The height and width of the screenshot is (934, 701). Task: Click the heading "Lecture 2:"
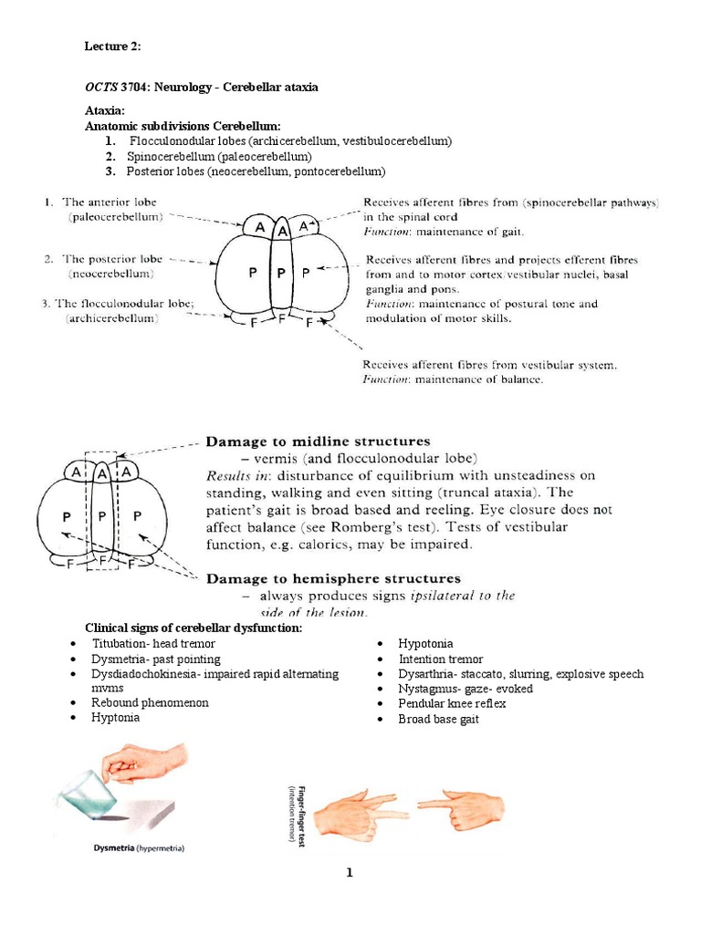[113, 47]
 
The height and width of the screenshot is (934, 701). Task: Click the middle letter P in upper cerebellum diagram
[281, 273]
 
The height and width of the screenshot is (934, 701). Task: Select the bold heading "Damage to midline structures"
[318, 441]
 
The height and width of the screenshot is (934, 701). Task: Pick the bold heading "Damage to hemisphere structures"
[334, 578]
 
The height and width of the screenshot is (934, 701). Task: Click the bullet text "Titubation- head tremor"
[153, 644]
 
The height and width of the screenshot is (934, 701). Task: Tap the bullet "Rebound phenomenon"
[150, 702]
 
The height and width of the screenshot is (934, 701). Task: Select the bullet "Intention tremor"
[441, 659]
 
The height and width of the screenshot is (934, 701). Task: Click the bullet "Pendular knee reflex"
[452, 703]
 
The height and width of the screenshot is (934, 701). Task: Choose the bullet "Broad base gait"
[438, 719]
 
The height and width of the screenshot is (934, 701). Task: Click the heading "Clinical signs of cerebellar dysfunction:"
[194, 628]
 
